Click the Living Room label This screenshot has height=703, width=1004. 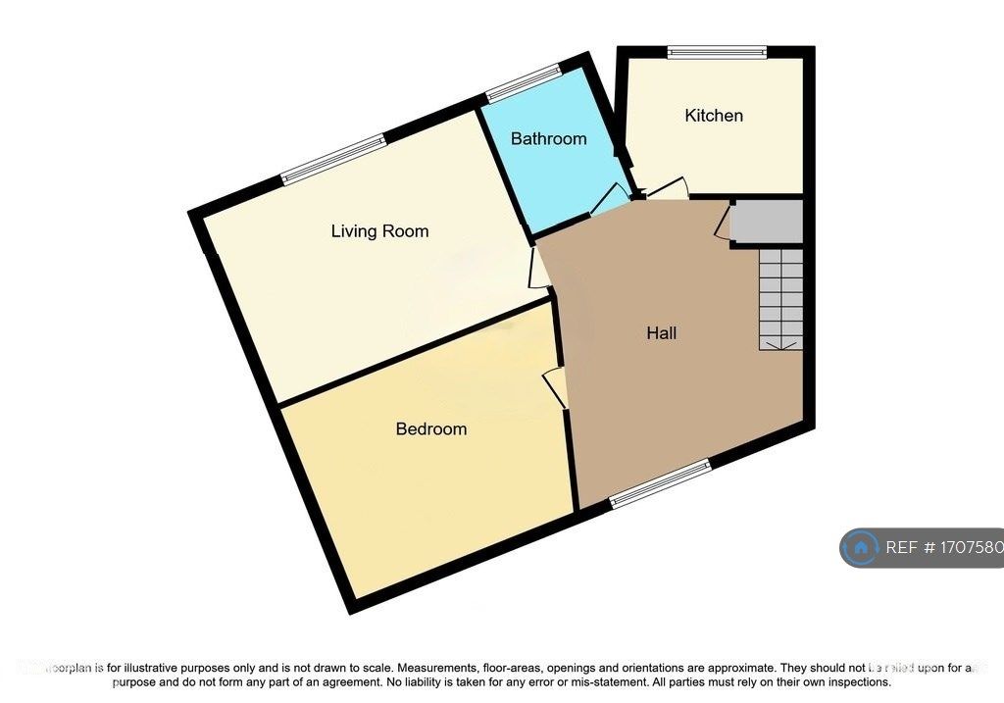379,231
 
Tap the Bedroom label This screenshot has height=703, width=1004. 430,428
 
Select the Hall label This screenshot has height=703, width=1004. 662,333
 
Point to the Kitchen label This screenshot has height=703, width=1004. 714,116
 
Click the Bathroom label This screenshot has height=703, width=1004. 548,139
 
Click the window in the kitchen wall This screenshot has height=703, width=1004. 717,53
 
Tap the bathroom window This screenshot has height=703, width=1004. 524,83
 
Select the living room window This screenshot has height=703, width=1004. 334,159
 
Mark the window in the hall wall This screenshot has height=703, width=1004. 660,484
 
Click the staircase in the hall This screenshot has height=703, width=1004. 780,298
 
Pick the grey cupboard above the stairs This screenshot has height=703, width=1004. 768,223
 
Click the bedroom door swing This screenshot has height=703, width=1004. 556,388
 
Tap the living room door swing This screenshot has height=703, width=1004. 538,269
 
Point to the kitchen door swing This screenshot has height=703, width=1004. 668,190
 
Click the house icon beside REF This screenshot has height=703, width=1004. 861,548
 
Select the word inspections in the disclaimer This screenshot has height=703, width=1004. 856,681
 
